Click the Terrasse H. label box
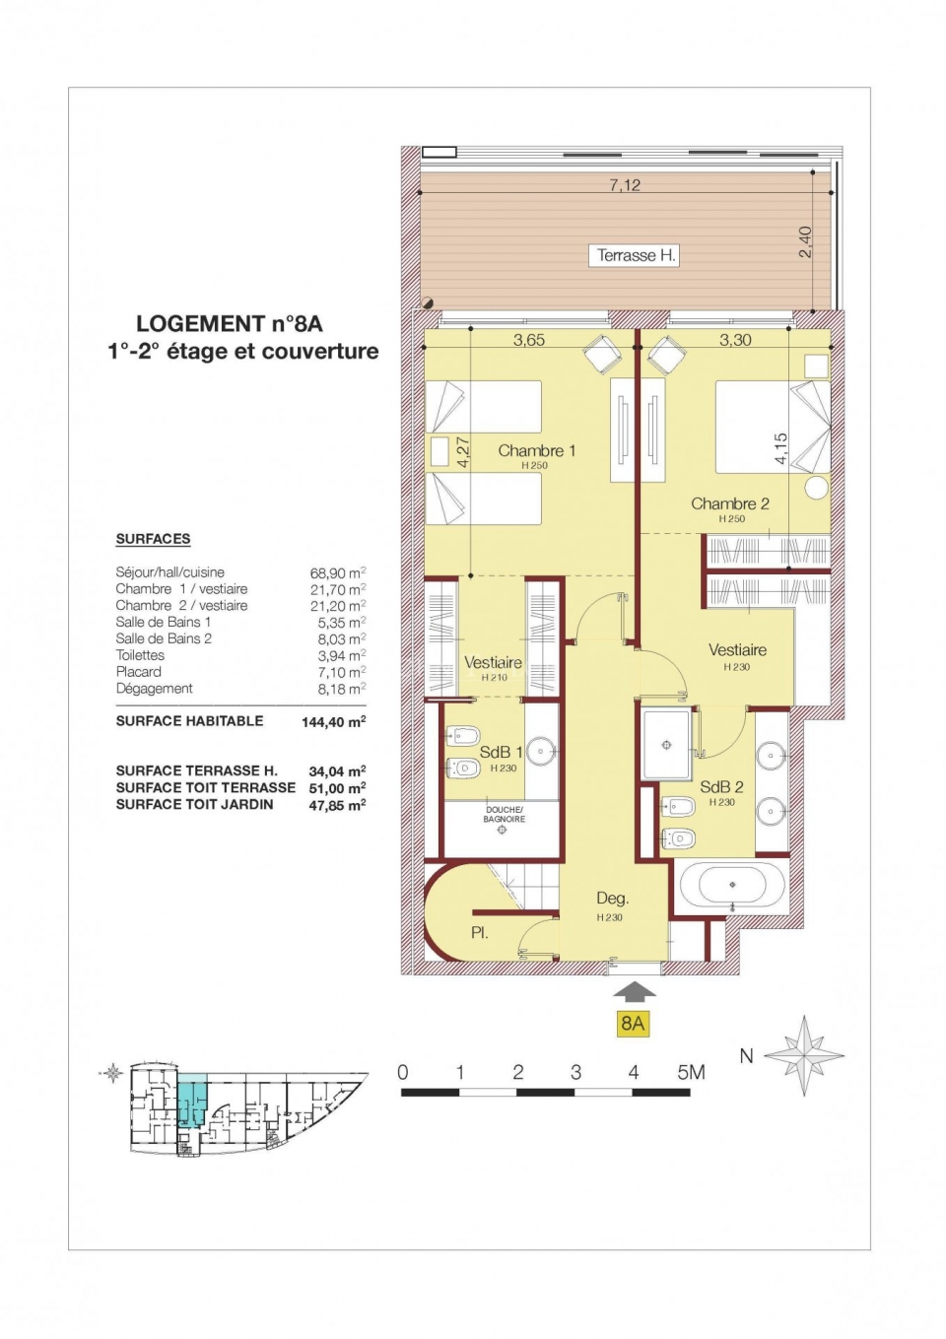point(636,255)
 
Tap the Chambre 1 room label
point(536,450)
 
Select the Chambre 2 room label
point(729,503)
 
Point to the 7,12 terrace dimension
point(625,184)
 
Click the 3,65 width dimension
point(529,340)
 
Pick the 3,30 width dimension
point(735,340)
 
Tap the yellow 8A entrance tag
point(633,1023)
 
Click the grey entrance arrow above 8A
point(634,991)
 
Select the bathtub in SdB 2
point(732,885)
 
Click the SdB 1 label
point(501,752)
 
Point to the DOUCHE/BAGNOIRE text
point(505,814)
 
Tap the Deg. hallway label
point(612,898)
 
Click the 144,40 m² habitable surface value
point(334,722)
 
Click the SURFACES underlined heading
point(153,539)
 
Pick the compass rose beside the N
point(804,1055)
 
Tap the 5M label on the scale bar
point(691,1072)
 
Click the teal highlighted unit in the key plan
point(192,1101)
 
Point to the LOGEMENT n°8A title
point(230,323)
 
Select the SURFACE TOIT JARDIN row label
point(194,804)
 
